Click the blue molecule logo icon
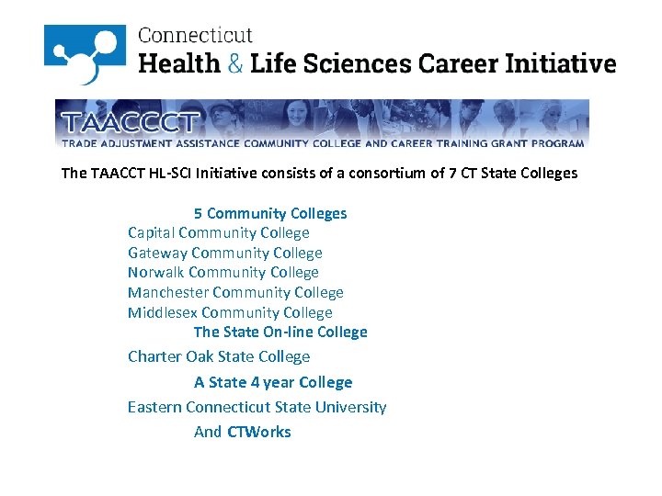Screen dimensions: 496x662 click(x=85, y=54)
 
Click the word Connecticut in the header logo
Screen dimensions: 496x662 click(x=195, y=36)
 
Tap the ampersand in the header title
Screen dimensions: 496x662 click(x=236, y=63)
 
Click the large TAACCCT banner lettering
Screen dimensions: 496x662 click(x=129, y=123)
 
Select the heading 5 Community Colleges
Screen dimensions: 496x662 click(x=270, y=213)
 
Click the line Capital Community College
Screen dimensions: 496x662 click(x=219, y=233)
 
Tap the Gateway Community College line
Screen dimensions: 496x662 click(x=225, y=253)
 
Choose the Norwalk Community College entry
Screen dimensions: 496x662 click(x=223, y=272)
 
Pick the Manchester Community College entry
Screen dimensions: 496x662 click(x=235, y=292)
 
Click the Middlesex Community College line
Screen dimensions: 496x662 click(x=230, y=312)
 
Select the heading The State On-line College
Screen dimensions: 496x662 click(x=280, y=332)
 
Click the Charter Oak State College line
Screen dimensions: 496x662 click(x=219, y=356)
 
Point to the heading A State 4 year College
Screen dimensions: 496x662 click(x=273, y=382)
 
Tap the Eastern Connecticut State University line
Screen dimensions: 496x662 click(x=257, y=407)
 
